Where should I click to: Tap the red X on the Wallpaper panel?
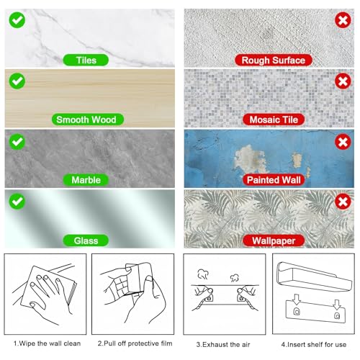pyautogui.click(x=342, y=198)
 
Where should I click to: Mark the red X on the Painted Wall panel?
pyautogui.click(x=342, y=138)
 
